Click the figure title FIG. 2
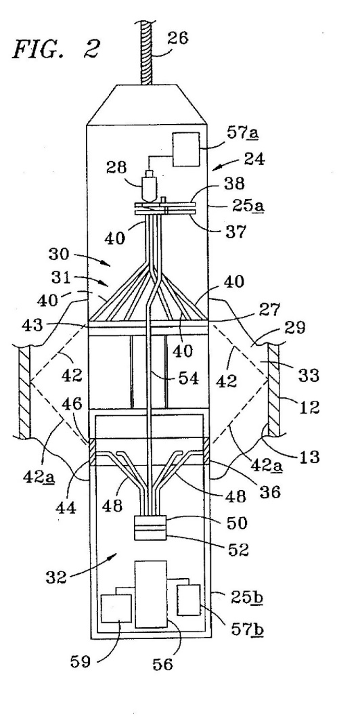(55, 49)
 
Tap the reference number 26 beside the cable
(177, 37)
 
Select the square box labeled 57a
(186, 149)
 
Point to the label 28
(115, 167)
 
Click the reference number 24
(254, 160)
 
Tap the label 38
(234, 183)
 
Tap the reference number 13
(309, 457)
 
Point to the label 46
(72, 405)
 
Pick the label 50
(236, 523)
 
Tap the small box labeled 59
(116, 609)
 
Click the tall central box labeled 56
(151, 594)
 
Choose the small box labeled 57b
(189, 600)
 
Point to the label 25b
(247, 598)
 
